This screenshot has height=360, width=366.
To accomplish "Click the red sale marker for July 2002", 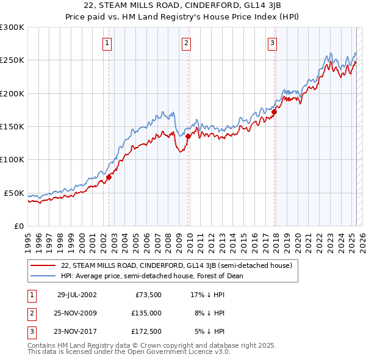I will [109, 177].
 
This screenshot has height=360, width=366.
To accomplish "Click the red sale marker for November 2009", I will [188, 137].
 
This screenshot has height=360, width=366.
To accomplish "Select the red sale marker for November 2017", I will [274, 112].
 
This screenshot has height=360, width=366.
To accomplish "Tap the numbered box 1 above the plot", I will [107, 43].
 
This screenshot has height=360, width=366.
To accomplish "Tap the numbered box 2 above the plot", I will [185, 43].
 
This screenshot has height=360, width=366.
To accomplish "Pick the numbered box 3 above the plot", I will [271, 43].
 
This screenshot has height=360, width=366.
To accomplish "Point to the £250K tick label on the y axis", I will [12, 60].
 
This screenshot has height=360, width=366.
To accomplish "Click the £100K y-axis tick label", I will [12, 159].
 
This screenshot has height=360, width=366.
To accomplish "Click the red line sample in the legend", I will [43, 265].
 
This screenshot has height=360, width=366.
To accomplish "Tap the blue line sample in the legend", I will [43, 276].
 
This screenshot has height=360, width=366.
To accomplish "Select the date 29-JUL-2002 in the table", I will [77, 294].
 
